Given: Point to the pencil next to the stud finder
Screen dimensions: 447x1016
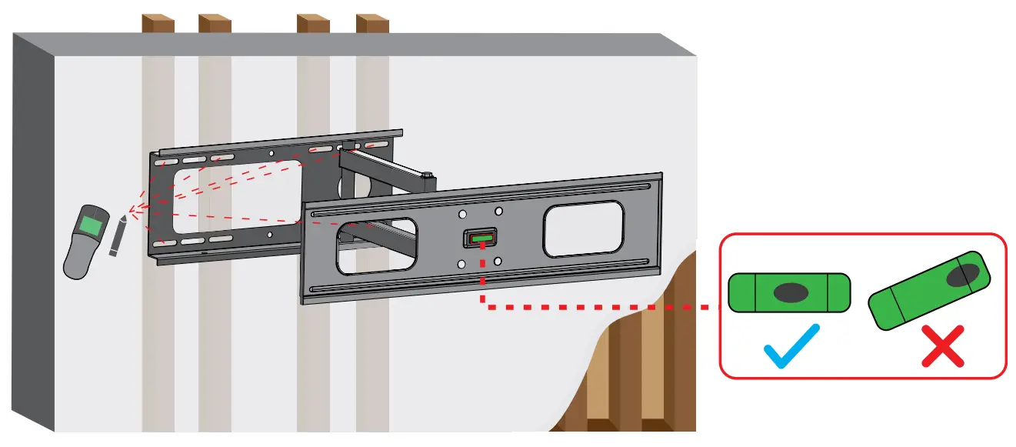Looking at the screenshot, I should pyautogui.click(x=117, y=237).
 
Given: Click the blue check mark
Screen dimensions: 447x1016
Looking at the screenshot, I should pyautogui.click(x=791, y=346).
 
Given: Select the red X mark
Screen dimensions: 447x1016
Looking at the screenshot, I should pyautogui.click(x=943, y=345).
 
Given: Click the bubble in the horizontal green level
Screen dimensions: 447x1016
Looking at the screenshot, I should pyautogui.click(x=790, y=292).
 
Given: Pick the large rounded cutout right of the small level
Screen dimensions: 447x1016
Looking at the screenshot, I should pyautogui.click(x=584, y=229).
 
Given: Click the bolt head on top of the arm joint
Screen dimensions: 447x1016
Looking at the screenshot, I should pyautogui.click(x=428, y=176).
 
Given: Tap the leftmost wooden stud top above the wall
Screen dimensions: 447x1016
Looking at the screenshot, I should pyautogui.click(x=158, y=23).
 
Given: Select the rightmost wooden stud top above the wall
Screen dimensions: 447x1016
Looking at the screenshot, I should pyautogui.click(x=372, y=23).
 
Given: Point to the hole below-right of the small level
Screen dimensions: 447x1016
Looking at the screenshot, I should pyautogui.click(x=498, y=262).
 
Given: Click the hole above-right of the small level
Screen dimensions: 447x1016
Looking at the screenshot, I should pyautogui.click(x=498, y=211).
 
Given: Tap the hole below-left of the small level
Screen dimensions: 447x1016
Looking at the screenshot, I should pyautogui.click(x=461, y=265).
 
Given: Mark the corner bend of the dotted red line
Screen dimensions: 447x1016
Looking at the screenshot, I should pyautogui.click(x=482, y=307).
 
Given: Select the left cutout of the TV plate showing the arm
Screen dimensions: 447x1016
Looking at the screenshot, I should pyautogui.click(x=375, y=248).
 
